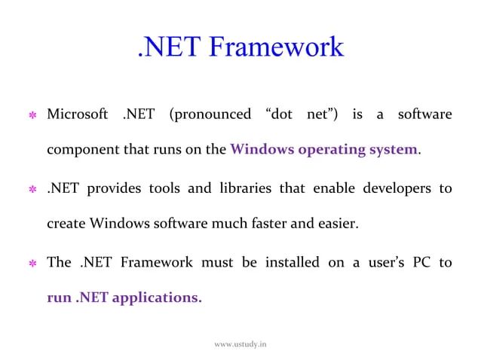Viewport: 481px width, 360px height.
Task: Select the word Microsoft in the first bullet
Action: tap(78, 114)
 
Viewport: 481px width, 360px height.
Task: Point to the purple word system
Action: tap(390, 148)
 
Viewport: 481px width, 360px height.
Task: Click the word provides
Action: tap(113, 188)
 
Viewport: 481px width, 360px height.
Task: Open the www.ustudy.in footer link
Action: tap(240, 344)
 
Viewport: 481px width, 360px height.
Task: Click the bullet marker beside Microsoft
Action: tap(32, 115)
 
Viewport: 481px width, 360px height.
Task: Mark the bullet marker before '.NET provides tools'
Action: tap(32, 189)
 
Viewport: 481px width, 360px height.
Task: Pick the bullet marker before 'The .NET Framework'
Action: tap(32, 263)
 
